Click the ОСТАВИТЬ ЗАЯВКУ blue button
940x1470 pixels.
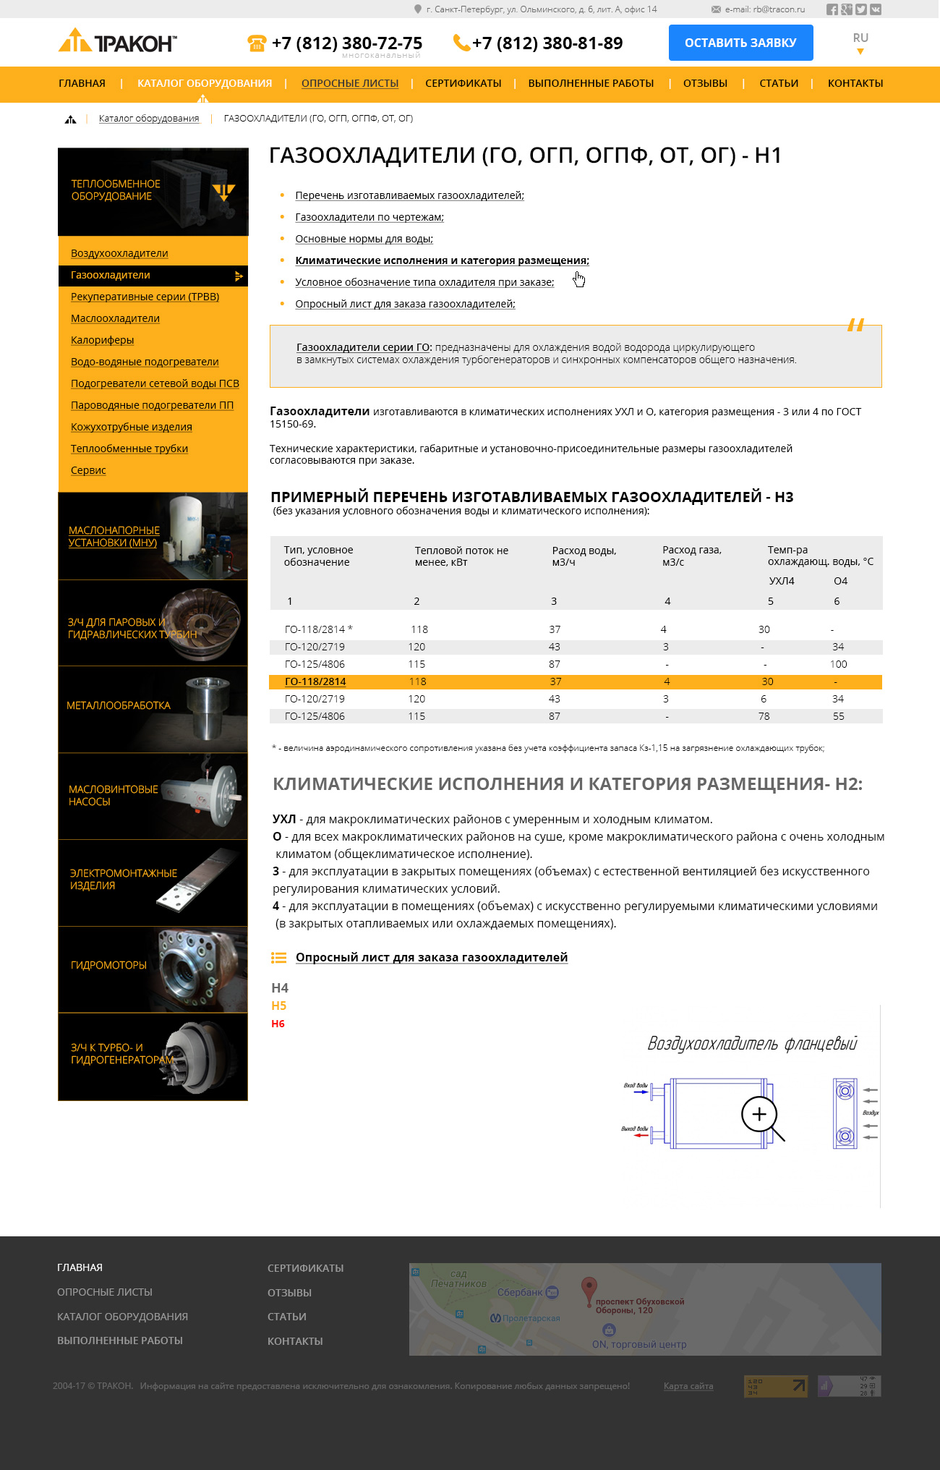pos(740,43)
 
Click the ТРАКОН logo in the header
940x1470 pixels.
pos(117,42)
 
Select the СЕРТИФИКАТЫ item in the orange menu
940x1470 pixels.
pos(463,83)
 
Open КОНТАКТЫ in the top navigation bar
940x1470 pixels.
pos(855,83)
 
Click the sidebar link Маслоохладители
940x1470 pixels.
pos(115,318)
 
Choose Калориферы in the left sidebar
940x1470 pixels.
pos(102,340)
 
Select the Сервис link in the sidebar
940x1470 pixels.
pos(88,470)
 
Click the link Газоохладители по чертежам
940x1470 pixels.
pos(369,217)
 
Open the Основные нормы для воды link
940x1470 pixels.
pos(364,239)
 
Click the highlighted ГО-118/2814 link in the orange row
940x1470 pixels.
pos(315,681)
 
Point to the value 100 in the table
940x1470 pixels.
pos(838,664)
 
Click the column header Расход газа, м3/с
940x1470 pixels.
pos(691,556)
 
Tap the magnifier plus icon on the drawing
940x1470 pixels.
pos(759,1114)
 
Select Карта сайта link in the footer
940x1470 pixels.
pos(688,1386)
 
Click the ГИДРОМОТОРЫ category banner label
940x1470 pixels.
pos(108,965)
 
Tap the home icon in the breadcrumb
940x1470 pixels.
pos(70,119)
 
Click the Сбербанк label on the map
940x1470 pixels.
pos(520,1292)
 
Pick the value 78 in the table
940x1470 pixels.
pos(764,716)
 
